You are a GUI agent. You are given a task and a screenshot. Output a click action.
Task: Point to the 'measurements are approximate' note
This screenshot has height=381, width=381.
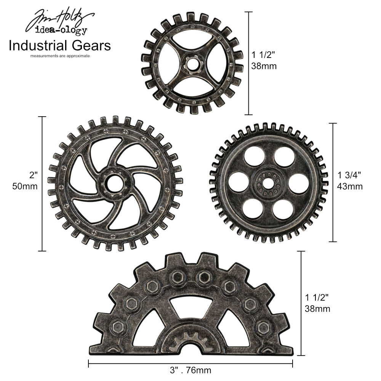pyautogui.click(x=60, y=56)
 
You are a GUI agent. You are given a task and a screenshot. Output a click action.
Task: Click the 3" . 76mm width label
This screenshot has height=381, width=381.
pyautogui.click(x=191, y=370)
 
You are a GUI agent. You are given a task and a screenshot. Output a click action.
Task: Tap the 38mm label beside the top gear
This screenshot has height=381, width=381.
pyautogui.click(x=264, y=66)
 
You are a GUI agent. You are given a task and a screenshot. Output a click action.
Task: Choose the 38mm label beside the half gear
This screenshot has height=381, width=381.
pyautogui.click(x=317, y=309)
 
